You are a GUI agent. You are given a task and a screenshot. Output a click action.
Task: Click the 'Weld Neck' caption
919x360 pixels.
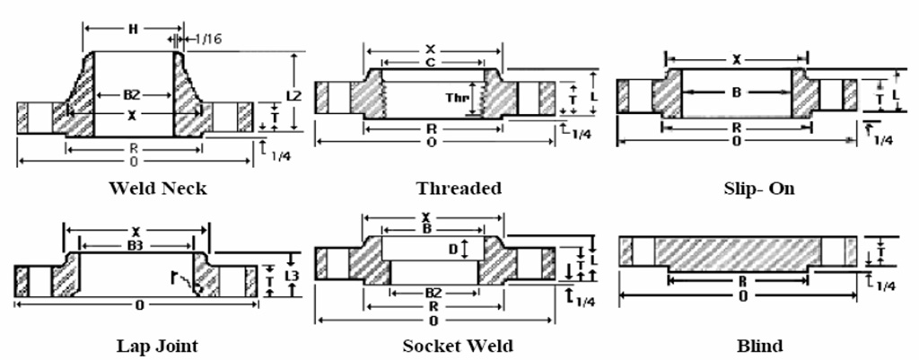[157, 189]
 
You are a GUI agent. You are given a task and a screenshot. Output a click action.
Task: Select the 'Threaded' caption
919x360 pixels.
[459, 189]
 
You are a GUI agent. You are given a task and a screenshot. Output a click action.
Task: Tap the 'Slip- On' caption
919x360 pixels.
[758, 189]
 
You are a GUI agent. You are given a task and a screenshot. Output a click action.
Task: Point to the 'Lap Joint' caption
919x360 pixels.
[157, 346]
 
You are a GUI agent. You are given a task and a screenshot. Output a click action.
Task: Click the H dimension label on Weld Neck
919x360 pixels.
[132, 29]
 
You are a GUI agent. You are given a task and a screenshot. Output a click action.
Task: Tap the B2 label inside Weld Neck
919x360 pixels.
[132, 93]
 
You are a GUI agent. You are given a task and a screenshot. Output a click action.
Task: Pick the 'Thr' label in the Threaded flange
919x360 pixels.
[458, 96]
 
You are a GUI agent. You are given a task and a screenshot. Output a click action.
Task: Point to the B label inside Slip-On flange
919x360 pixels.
[735, 91]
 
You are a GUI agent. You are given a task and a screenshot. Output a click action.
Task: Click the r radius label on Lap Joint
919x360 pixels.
[176, 277]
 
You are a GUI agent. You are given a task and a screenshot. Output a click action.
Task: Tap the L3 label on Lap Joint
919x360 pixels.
[291, 276]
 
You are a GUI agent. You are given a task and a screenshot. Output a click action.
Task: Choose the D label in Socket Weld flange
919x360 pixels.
[454, 247]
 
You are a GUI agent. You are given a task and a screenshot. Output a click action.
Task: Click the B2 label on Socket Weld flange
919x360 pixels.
[433, 293]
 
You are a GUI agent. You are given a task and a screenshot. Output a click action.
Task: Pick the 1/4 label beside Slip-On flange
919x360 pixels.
[883, 140]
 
